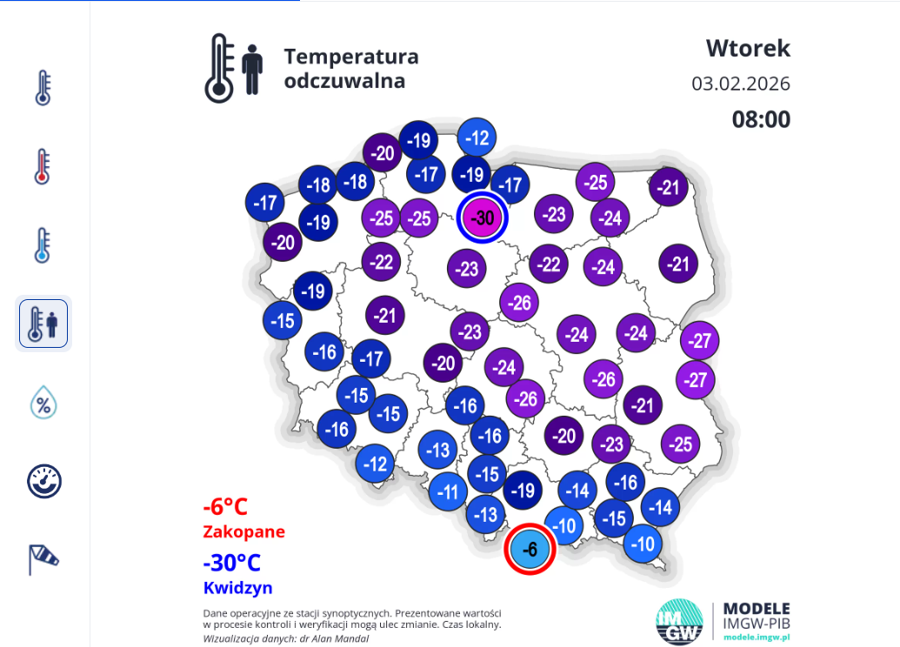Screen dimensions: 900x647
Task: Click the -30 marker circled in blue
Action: pos(482,217)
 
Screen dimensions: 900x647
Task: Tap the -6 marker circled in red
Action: pos(530,549)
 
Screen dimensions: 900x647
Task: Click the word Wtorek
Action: pos(748,48)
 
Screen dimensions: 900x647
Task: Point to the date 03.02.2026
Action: pos(741,84)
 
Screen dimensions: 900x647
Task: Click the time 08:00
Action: pos(761,119)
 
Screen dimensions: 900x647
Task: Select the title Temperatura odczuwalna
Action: pos(350,69)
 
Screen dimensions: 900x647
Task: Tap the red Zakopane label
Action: pos(243,531)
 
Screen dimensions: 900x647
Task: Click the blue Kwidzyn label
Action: pos(238,587)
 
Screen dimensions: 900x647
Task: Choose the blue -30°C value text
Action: pos(232,563)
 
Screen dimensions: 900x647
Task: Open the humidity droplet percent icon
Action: pos(43,403)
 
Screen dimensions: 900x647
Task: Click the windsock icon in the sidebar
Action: pos(43,558)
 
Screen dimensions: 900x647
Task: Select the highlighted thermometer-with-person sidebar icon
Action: pos(43,323)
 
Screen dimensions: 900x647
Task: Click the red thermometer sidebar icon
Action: pos(43,167)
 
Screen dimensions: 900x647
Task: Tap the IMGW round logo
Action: pos(679,621)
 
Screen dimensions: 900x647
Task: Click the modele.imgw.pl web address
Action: pos(757,637)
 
